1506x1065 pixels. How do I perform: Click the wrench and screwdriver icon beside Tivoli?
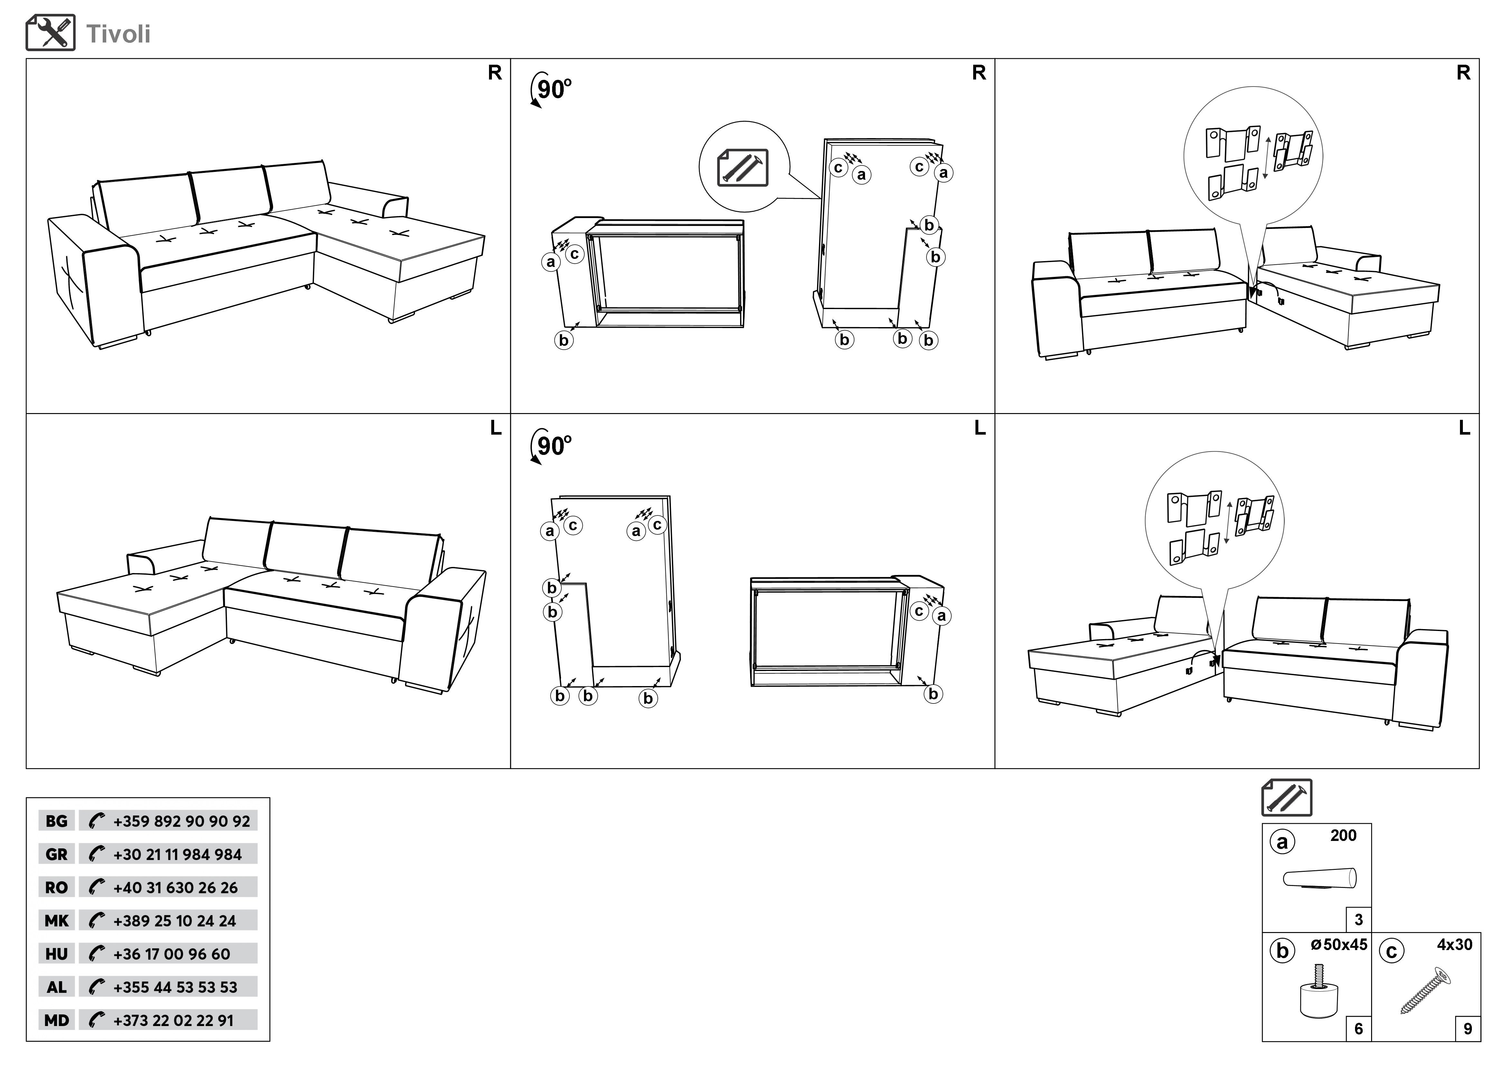51,33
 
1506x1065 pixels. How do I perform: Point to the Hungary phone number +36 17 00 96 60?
172,954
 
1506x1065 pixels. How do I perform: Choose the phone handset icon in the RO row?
97,887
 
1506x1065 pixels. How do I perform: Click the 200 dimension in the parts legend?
1343,835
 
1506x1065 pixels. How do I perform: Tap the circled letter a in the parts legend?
1282,842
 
